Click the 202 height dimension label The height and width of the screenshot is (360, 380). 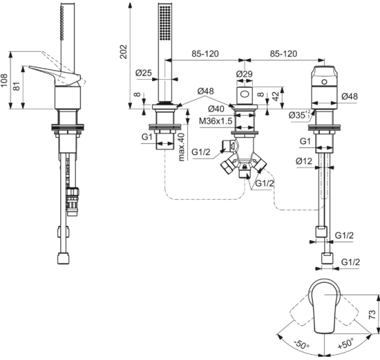coord(124,51)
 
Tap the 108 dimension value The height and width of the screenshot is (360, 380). coord(4,81)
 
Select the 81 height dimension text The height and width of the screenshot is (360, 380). coord(17,86)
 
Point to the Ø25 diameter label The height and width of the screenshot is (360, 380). coord(143,73)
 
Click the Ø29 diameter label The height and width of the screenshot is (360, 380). coord(244,74)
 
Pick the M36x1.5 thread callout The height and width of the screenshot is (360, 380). coord(216,120)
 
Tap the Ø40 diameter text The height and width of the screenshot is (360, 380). coord(216,109)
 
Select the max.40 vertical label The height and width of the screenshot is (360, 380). coord(181,147)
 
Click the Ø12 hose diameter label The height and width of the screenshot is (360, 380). coord(304,161)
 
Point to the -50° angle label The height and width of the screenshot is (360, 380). coord(302,344)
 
